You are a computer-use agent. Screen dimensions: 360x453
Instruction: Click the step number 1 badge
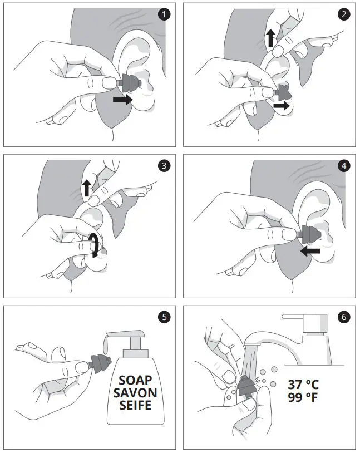[164, 14]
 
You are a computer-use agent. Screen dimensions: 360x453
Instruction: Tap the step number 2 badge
[344, 14]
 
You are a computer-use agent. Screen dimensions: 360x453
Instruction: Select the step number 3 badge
[164, 166]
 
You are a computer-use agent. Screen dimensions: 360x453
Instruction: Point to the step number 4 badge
[344, 166]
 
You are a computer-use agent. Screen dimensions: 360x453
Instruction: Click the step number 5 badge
[164, 317]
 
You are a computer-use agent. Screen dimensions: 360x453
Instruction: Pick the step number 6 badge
[344, 317]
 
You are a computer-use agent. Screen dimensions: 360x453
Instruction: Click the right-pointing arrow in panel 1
[122, 100]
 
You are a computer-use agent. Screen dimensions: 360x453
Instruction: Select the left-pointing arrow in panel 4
[310, 251]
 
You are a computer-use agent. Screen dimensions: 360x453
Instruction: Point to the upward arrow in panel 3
[87, 188]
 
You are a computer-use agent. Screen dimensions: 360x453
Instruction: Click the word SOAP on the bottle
[135, 380]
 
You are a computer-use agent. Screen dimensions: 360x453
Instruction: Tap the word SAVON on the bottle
[135, 393]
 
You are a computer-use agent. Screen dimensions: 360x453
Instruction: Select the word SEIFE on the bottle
[135, 405]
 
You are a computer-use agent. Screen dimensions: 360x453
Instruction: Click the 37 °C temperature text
[303, 385]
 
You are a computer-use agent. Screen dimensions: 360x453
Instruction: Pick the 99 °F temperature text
[303, 397]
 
